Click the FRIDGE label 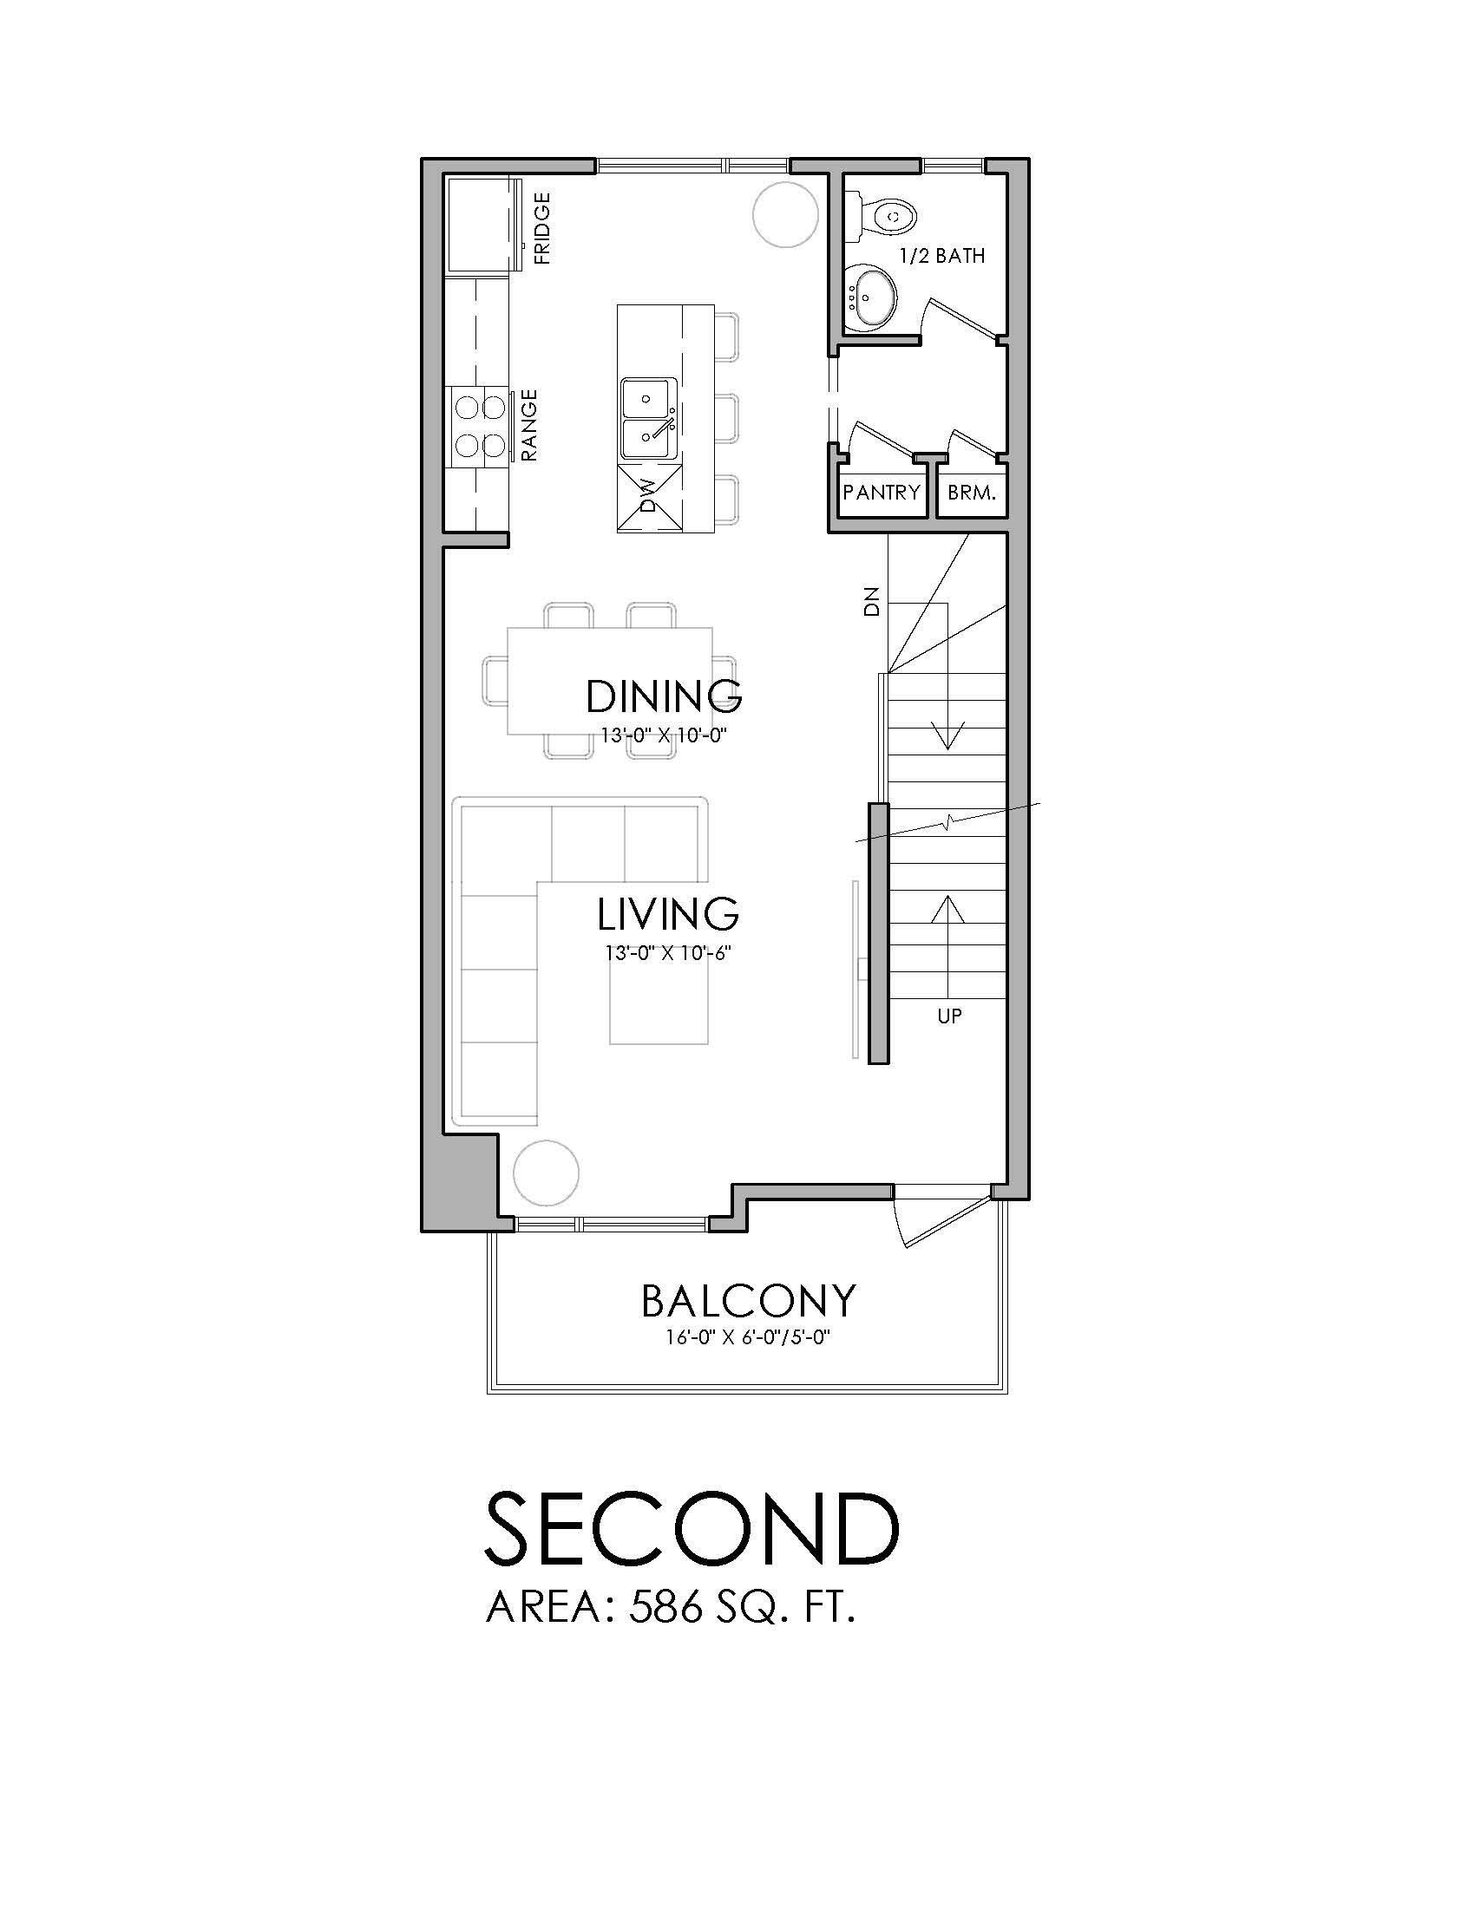542,229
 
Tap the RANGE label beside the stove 529,426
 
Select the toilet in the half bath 887,215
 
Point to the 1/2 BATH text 942,256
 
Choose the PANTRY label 882,492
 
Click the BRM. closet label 972,493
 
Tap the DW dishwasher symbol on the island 649,499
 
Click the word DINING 664,696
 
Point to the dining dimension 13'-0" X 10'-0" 664,735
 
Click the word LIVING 668,914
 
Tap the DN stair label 870,603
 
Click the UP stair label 949,1016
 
